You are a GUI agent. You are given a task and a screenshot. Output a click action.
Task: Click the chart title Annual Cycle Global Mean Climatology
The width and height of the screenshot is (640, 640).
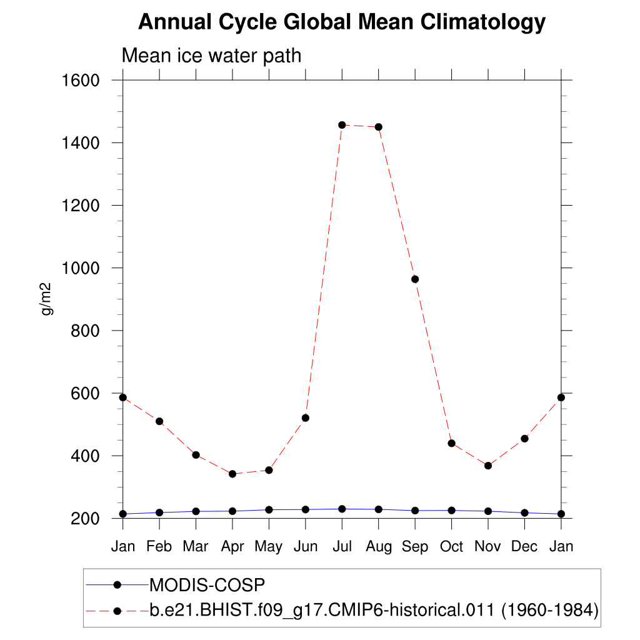[x=341, y=22]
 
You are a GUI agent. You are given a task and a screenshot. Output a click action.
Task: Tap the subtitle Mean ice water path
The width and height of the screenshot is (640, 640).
[x=211, y=56]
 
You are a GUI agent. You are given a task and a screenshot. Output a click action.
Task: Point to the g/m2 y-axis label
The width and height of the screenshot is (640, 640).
[x=47, y=299]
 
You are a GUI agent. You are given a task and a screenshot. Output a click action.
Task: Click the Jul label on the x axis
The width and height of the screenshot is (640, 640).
[x=342, y=546]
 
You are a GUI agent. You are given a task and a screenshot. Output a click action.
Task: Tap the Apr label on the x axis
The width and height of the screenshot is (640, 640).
[x=232, y=547]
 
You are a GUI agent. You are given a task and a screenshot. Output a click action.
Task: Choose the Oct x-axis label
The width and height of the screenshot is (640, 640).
[x=451, y=546]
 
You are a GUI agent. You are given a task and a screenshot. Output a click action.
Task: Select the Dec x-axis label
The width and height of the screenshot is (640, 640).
[x=524, y=546]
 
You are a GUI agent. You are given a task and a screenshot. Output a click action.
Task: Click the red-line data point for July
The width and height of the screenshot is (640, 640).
[x=342, y=125]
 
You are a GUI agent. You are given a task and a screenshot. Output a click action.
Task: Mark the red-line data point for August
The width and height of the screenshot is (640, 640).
[x=378, y=127]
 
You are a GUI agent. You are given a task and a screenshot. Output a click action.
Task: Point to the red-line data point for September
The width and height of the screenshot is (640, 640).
[x=415, y=279]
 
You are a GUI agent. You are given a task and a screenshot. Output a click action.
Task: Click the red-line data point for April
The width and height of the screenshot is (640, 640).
[x=232, y=474]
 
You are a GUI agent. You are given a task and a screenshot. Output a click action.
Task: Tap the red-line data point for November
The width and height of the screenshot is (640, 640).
[x=488, y=466]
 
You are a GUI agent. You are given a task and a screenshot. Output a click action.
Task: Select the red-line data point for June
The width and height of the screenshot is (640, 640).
[x=306, y=417]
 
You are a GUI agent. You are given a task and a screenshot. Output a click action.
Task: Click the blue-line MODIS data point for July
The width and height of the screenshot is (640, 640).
[x=342, y=509]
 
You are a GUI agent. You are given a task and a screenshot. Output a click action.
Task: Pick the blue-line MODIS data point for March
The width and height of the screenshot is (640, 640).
[x=196, y=511]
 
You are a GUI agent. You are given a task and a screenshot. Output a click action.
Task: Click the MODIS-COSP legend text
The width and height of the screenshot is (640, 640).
[x=207, y=585]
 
